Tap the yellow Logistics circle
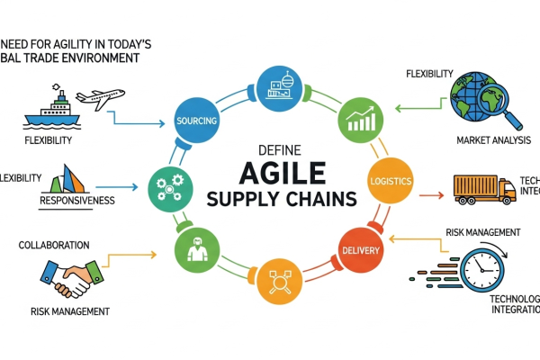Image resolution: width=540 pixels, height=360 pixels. coord(391,182)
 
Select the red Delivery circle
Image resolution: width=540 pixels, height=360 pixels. coord(360,248)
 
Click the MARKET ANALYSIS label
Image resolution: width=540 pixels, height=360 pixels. coord(492,140)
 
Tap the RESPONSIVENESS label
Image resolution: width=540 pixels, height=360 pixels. coord(76,201)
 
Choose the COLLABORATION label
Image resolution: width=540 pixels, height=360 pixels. coord(53,245)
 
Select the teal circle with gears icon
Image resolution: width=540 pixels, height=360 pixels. coord(169,187)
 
